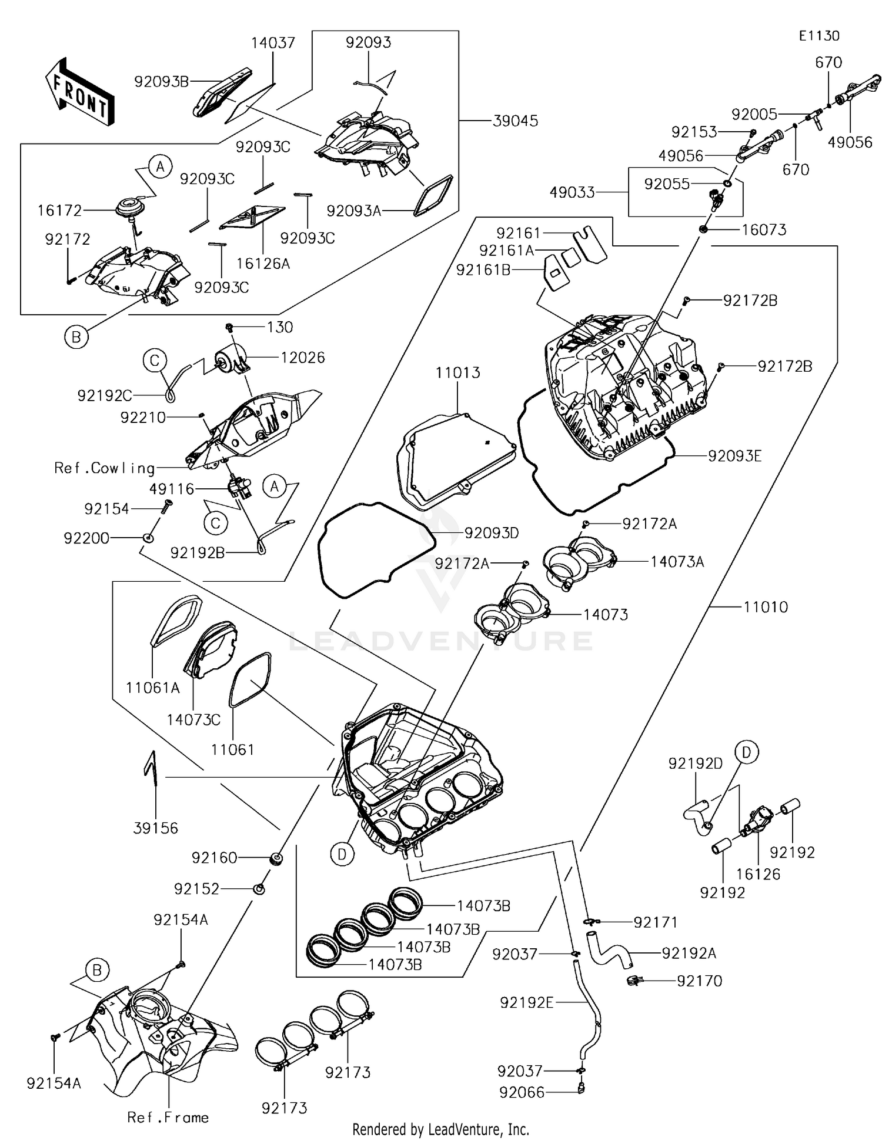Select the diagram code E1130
pyautogui.click(x=818, y=36)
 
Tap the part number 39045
pyautogui.click(x=515, y=121)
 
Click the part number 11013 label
pyautogui.click(x=457, y=373)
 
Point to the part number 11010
pyautogui.click(x=765, y=607)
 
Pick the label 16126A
pyautogui.click(x=263, y=264)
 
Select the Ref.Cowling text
pyautogui.click(x=105, y=468)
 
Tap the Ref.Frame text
pyautogui.click(x=168, y=1118)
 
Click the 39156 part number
pyautogui.click(x=155, y=828)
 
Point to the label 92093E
pyautogui.click(x=734, y=456)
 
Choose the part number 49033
pyautogui.click(x=572, y=192)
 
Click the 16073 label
pyautogui.click(x=764, y=229)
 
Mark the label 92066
pyautogui.click(x=522, y=1092)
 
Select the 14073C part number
pyautogui.click(x=193, y=719)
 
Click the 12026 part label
pyautogui.click(x=303, y=358)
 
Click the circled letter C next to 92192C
pyautogui.click(x=155, y=360)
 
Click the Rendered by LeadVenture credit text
pyautogui.click(x=440, y=1129)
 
